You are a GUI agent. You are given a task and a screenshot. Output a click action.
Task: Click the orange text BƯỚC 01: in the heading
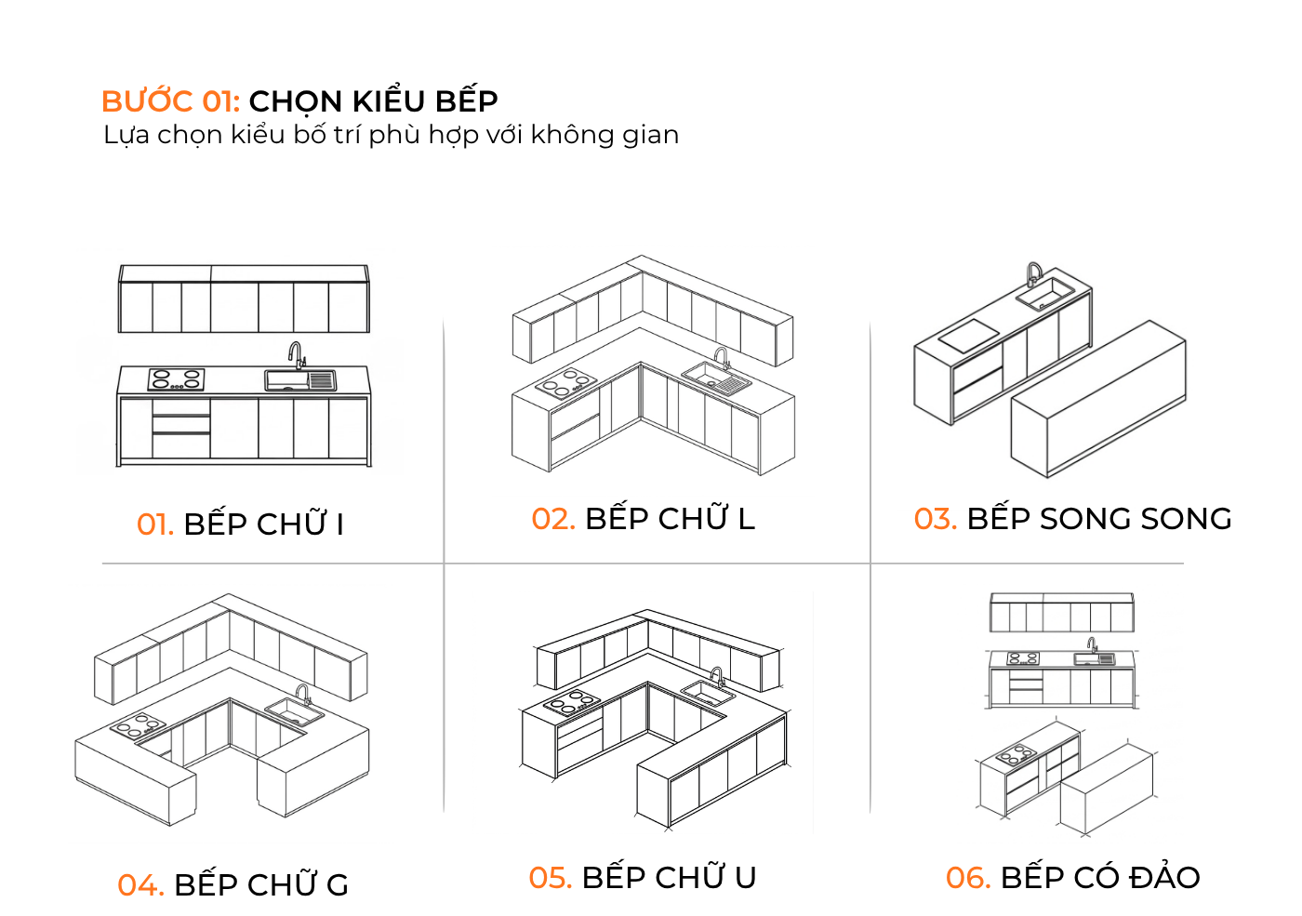(x=170, y=101)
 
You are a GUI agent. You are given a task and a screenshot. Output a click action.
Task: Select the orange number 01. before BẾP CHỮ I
(x=154, y=525)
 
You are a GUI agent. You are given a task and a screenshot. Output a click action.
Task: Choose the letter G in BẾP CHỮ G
(x=338, y=885)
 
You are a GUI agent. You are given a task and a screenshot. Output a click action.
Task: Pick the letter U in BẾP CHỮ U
(x=745, y=878)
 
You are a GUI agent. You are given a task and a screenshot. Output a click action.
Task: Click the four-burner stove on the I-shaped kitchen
(x=176, y=379)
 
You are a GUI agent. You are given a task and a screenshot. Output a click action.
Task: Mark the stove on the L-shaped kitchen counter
(x=565, y=383)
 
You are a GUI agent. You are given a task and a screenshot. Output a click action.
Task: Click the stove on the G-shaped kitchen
(x=139, y=725)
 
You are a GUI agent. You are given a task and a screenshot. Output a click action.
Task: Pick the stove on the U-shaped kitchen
(x=571, y=702)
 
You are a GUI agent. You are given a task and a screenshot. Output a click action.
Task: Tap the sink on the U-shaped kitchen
(x=706, y=693)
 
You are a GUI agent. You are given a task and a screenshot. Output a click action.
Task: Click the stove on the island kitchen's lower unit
(x=1016, y=754)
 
